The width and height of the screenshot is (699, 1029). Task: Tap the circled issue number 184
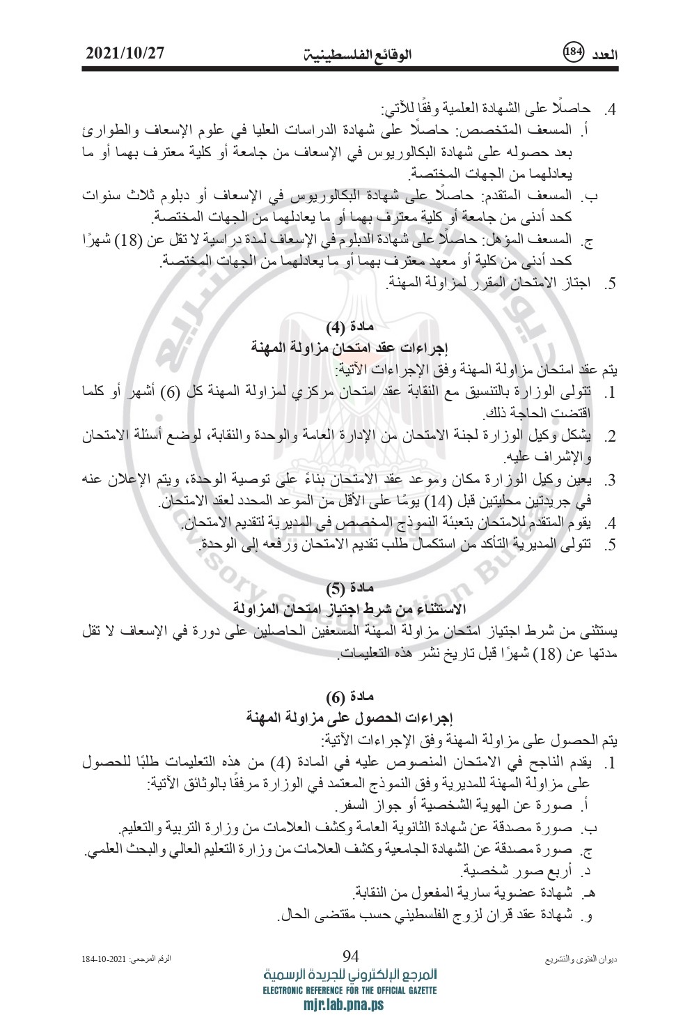[572, 52]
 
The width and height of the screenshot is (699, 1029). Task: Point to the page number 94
[350, 955]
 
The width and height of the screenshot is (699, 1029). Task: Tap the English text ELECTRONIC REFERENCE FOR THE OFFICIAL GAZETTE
[350, 990]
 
